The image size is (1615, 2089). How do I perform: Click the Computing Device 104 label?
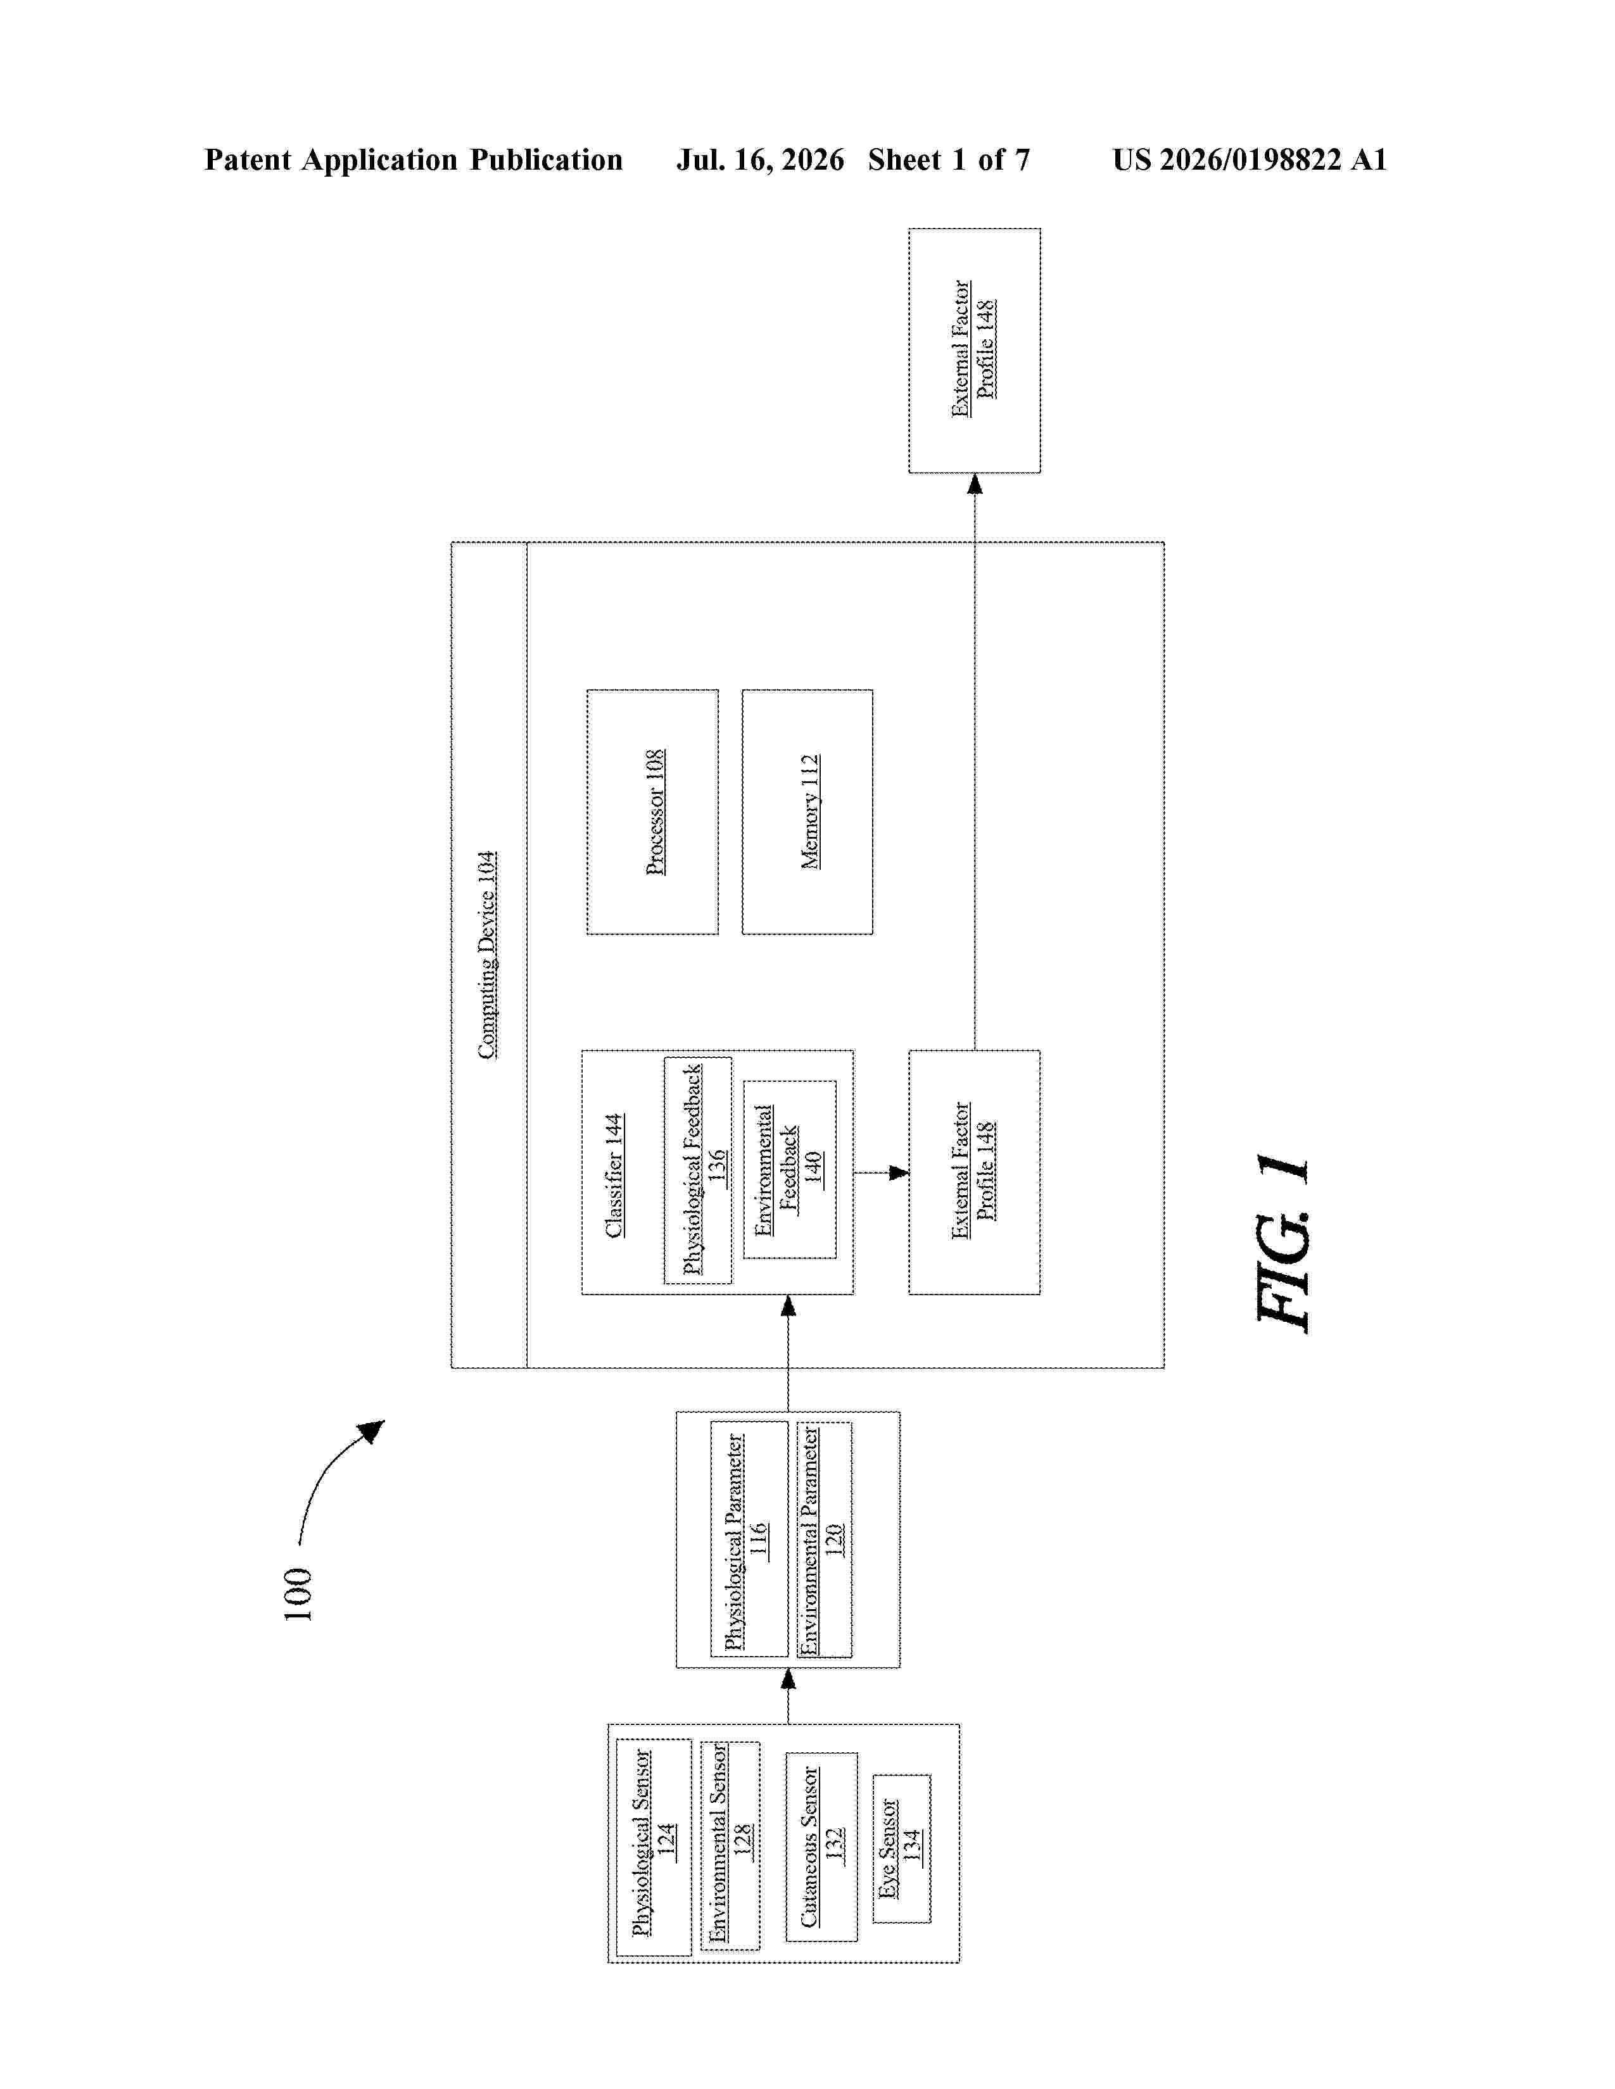[x=488, y=955]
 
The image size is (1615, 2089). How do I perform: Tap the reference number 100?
[x=298, y=1593]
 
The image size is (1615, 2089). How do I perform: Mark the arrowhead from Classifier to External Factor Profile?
[x=899, y=1172]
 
